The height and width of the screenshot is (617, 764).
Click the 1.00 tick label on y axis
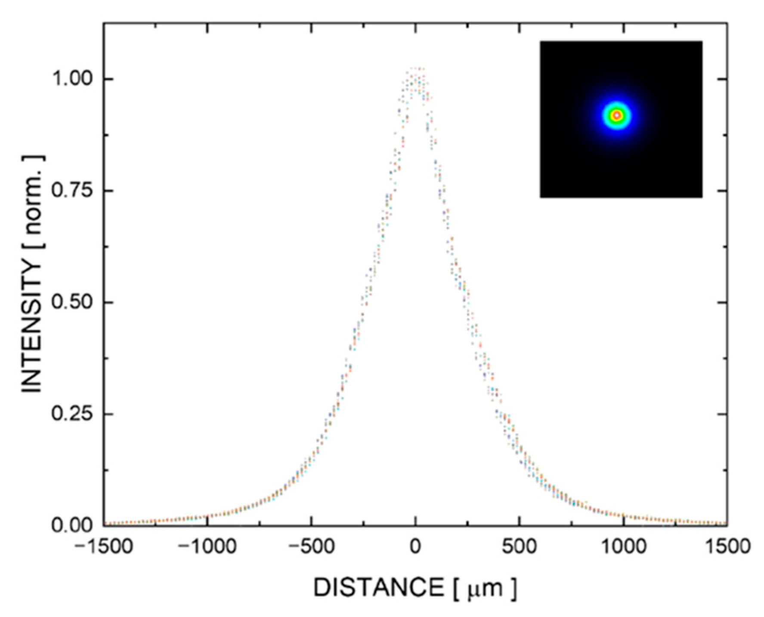pos(72,79)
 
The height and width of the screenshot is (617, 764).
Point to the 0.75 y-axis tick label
pos(72,191)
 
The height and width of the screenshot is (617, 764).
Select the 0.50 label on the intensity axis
pos(72,302)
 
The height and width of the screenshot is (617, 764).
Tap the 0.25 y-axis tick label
pos(72,414)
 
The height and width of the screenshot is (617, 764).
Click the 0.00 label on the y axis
pos(72,525)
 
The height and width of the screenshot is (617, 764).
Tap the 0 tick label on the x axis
pos(415,547)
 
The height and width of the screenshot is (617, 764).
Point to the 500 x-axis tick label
pos(520,547)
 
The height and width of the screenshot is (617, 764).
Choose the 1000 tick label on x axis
pos(623,547)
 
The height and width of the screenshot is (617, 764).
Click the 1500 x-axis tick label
pos(727,547)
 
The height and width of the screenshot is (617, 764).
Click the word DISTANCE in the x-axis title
pos(379,588)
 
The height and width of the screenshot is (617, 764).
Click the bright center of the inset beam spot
pos(616,115)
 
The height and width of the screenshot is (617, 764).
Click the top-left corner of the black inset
pos(541,42)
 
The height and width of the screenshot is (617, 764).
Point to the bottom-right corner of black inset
pos(702,197)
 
